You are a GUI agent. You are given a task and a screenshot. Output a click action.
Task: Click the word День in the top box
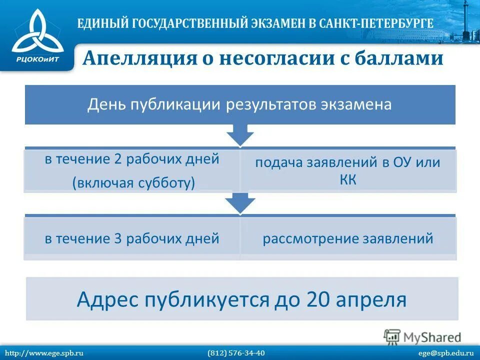coord(106,105)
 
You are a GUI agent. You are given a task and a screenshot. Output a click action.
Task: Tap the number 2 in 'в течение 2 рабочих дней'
coord(118,159)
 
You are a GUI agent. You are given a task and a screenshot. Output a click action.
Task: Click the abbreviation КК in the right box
coord(348,180)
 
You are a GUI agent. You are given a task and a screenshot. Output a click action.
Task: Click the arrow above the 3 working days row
coord(240,203)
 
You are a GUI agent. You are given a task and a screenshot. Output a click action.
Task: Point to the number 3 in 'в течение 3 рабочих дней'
coord(118,238)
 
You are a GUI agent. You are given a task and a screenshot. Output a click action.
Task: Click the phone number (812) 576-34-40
coord(236,353)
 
